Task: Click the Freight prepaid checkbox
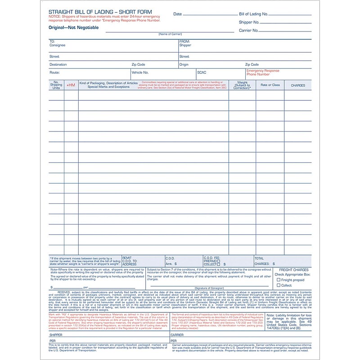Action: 279,280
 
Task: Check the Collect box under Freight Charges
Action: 279,285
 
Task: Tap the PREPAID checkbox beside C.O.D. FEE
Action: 219,261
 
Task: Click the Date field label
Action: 178,14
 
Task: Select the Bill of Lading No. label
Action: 253,14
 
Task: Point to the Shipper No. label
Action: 249,22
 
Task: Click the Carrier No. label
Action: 249,31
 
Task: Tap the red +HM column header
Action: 71,85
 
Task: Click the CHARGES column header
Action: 297,85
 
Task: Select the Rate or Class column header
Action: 270,85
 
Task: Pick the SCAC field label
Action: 202,72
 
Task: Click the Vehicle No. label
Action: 140,72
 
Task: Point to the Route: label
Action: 54,72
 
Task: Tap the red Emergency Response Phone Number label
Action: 262,72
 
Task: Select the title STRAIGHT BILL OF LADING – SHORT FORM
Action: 100,12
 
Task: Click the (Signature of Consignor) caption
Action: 184,287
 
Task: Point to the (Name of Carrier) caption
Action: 170,34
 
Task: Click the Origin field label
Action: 184,64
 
